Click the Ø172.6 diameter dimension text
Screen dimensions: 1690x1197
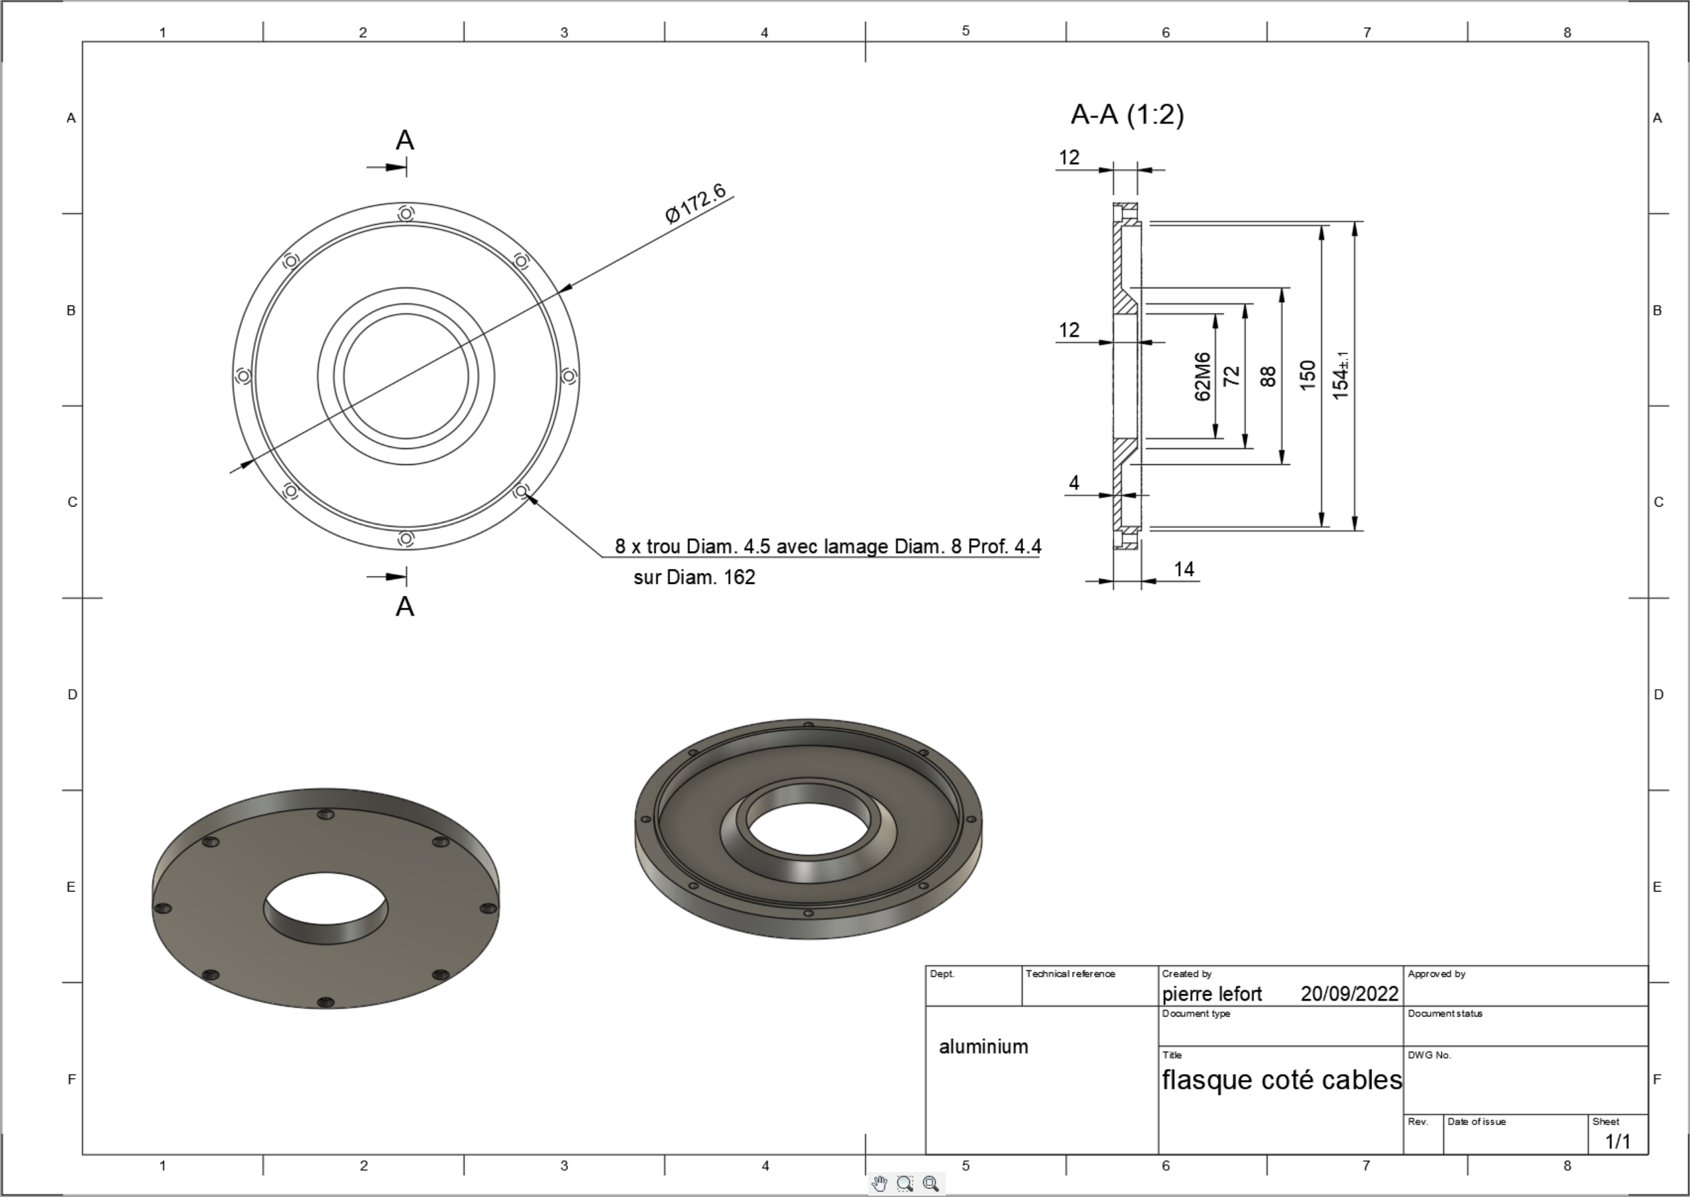pos(695,204)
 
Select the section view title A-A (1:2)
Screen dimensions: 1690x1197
pos(1127,115)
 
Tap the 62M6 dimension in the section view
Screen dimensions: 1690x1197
pos(1202,377)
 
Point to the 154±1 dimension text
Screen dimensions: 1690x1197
pos(1342,376)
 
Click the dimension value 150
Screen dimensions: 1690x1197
pos(1307,376)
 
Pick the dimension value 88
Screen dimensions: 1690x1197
pos(1268,377)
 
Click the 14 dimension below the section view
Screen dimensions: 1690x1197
pos(1184,569)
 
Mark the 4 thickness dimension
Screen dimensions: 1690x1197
pos(1074,483)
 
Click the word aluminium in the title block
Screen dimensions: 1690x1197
pos(983,1047)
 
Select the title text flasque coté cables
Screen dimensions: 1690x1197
pos(1282,1080)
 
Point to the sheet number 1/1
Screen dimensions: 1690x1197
pos(1619,1141)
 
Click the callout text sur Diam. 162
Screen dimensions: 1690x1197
pos(695,577)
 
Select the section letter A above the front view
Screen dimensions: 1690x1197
pos(405,140)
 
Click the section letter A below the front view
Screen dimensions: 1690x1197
pos(405,606)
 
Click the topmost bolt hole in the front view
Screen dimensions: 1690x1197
pos(406,214)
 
